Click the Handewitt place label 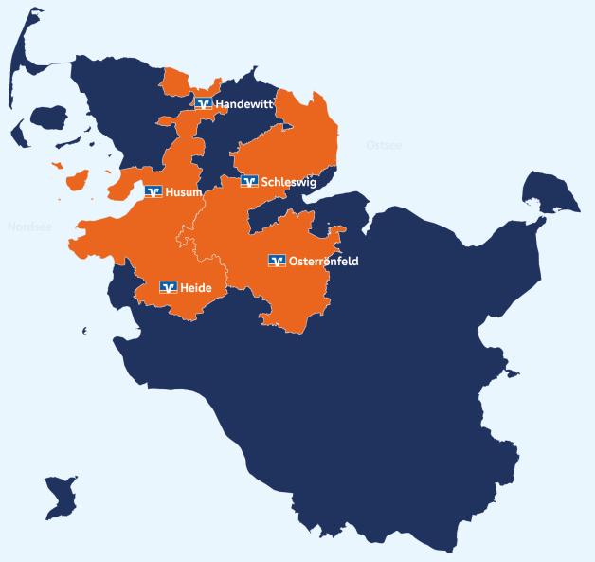(x=244, y=102)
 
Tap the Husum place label (x=183, y=192)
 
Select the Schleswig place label (x=289, y=182)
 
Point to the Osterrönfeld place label (x=323, y=261)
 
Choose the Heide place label (x=196, y=287)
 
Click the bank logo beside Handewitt (x=203, y=102)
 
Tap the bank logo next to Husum (x=153, y=192)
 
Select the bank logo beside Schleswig (x=249, y=182)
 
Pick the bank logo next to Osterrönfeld (x=277, y=261)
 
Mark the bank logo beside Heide (x=169, y=287)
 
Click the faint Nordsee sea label (x=28, y=227)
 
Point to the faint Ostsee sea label (x=384, y=145)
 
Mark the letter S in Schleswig (x=265, y=182)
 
